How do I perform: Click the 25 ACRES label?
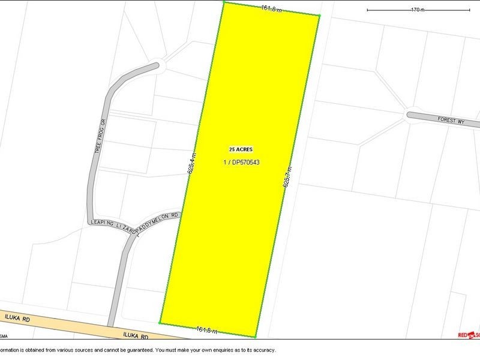pos(241,149)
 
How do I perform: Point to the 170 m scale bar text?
pos(418,10)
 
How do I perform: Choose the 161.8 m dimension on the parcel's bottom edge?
pos(206,329)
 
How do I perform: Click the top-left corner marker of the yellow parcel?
pos(224,2)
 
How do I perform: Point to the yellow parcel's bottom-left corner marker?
pos(160,323)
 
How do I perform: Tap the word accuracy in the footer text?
pos(260,349)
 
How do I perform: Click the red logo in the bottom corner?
pos(468,334)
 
